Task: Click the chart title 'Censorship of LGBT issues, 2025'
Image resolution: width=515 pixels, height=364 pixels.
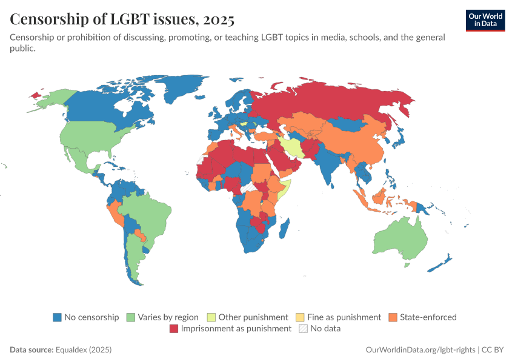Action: pos(122,19)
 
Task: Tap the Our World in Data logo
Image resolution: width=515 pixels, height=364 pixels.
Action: pos(485,20)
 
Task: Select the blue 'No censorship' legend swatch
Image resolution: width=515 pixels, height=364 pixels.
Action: pos(58,317)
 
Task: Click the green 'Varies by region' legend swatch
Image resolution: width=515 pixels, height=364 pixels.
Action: pos(131,317)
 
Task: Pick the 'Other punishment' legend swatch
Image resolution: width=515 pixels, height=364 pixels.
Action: pos(211,317)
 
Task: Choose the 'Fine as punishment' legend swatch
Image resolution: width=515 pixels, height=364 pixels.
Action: pos(300,317)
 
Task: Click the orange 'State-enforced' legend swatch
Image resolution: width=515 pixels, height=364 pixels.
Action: pos(393,317)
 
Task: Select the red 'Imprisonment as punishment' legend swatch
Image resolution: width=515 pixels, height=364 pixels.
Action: pos(174,328)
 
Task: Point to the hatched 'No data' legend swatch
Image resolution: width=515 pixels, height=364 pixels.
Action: pos(302,328)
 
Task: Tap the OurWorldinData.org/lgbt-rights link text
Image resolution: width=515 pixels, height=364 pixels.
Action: pos(420,350)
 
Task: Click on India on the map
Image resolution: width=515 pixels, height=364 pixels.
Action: pos(329,164)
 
